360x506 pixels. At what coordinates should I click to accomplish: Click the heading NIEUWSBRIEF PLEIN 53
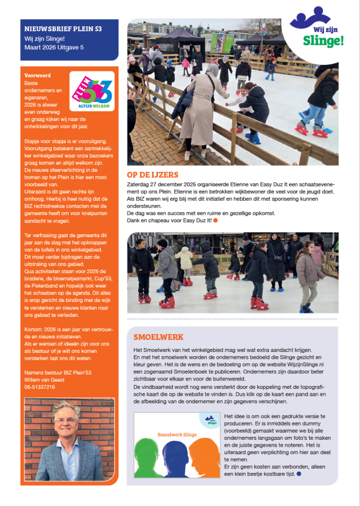[63, 29]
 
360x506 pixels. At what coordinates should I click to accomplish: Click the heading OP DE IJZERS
[153, 174]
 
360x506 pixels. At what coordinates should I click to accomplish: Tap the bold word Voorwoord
[38, 76]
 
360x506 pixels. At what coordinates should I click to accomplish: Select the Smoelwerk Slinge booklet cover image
[177, 446]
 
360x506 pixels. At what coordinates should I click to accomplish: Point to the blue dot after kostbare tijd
[299, 474]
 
